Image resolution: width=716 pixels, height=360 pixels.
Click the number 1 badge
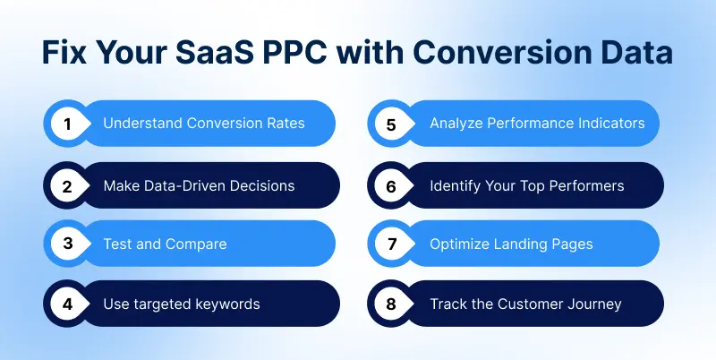[x=66, y=124]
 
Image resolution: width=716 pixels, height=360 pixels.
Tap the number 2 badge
[x=66, y=185]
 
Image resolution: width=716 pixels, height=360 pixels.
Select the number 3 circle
[x=66, y=244]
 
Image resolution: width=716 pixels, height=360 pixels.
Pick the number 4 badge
[x=66, y=304]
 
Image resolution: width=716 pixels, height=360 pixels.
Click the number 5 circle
[x=391, y=124]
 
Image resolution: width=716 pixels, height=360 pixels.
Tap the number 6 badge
[x=391, y=185]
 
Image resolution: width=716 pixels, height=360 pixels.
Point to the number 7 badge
[x=391, y=244]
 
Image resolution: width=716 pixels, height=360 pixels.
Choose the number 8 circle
[x=391, y=304]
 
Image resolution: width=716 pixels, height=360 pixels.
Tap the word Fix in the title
[x=68, y=54]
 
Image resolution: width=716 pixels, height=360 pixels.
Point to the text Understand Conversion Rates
[x=203, y=124]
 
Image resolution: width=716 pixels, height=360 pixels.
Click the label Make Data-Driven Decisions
[x=199, y=185]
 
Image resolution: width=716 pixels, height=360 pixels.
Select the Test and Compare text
[x=165, y=244]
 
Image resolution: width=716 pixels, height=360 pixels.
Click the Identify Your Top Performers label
[x=526, y=185]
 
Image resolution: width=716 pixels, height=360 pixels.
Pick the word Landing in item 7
[x=525, y=244]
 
